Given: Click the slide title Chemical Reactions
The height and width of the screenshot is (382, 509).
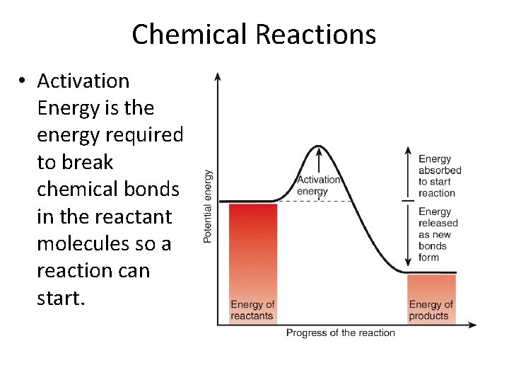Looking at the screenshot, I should (254, 34).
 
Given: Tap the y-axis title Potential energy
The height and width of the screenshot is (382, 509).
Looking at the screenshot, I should (208, 206).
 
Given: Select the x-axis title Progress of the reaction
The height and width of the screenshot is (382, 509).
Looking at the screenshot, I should (340, 333).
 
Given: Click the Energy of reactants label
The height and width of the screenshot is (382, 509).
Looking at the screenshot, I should (252, 310).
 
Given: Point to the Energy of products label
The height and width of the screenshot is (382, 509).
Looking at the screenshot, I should (430, 310).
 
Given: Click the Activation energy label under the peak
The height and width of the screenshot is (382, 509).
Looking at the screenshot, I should (318, 185).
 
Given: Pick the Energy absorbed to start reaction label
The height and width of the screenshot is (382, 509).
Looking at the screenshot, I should (439, 176).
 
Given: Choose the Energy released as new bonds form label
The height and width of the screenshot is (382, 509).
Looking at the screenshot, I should (438, 234).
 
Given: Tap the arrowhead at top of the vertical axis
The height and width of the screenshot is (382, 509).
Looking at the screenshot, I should (218, 76).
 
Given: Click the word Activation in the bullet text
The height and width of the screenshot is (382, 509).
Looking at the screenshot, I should (83, 81).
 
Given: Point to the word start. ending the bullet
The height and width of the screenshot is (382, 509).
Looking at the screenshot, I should (61, 298).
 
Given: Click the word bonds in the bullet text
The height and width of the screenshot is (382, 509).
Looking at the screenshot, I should (150, 190).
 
